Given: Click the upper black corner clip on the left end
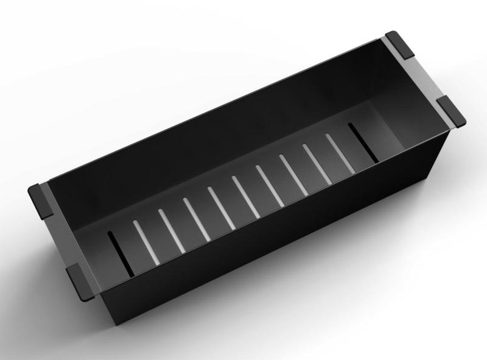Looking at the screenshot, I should [x=41, y=198].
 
